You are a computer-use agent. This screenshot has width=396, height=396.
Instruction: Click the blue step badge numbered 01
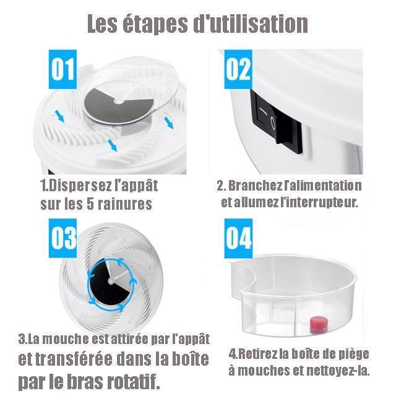pos(62,69)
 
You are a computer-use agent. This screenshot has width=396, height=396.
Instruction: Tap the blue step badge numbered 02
pos(238,69)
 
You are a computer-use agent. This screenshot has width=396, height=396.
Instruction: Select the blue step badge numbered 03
pos(62,238)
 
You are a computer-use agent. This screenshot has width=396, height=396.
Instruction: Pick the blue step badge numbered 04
pos(238,239)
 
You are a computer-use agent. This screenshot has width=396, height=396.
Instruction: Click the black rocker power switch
pos(277,121)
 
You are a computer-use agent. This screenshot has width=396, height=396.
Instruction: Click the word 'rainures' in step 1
pos(125,204)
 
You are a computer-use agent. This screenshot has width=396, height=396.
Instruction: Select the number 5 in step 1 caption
pos(90,204)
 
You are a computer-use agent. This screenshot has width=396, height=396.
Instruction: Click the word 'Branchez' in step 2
pos(255,186)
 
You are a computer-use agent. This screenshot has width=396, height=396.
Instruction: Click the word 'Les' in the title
pos(103,24)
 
